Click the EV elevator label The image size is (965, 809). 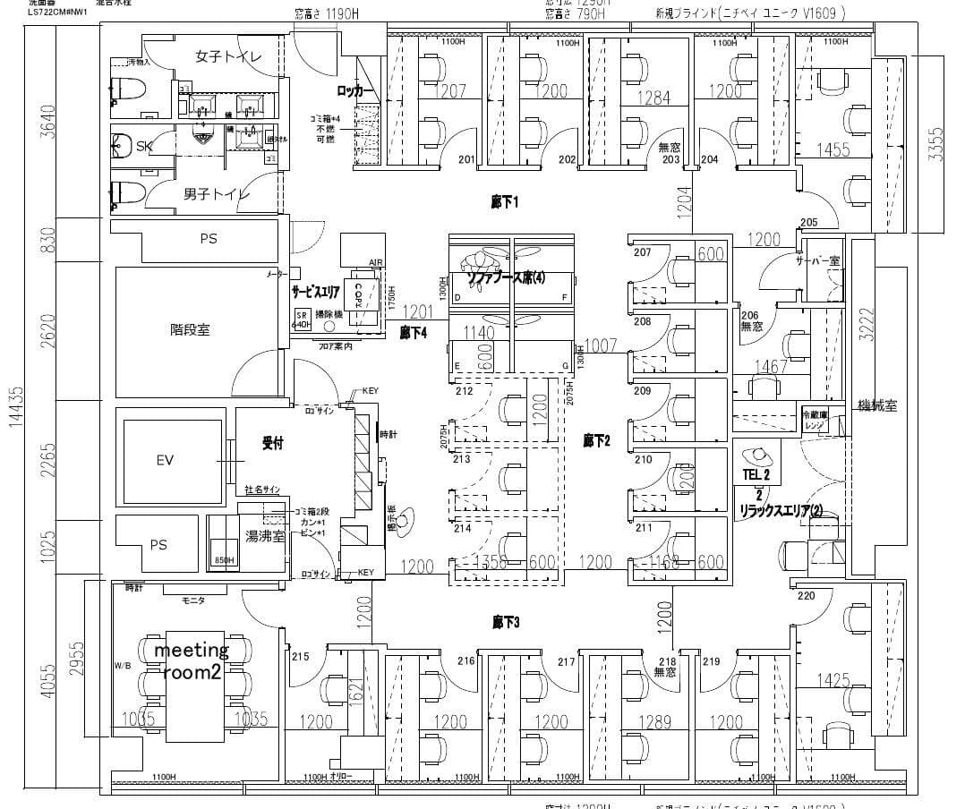click(165, 460)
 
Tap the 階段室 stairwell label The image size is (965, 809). click(190, 329)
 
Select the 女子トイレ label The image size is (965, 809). click(229, 56)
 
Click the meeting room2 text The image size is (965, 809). click(192, 661)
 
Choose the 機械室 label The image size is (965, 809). click(876, 404)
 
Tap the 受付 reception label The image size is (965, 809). click(272, 442)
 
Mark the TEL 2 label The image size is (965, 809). click(756, 473)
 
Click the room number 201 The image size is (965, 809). click(466, 159)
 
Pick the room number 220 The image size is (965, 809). click(807, 595)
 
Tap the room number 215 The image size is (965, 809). click(300, 657)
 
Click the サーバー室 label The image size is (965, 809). click(817, 260)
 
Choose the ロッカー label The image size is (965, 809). click(355, 91)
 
